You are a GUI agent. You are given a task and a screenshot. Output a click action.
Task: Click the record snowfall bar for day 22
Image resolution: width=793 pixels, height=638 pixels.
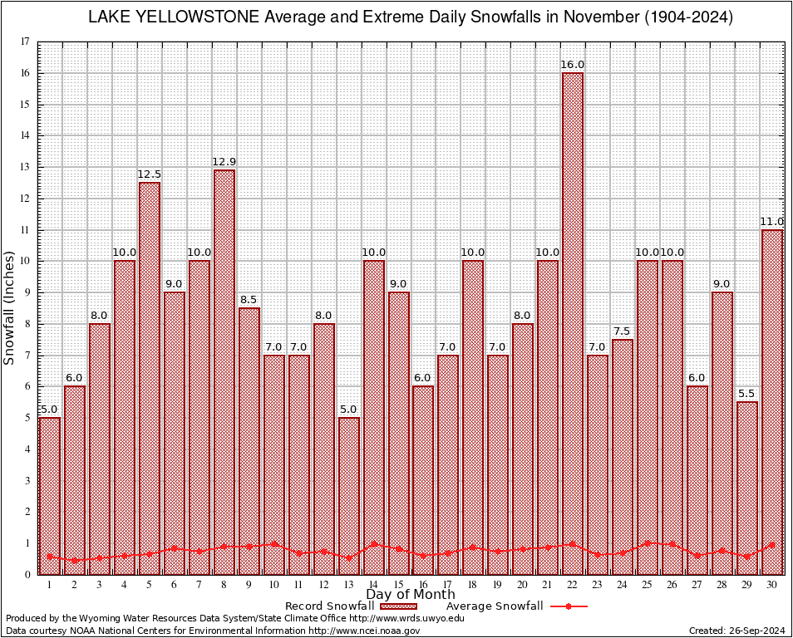coord(573,324)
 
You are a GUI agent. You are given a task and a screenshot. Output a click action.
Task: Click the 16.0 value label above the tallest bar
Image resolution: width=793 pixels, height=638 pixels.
coord(573,65)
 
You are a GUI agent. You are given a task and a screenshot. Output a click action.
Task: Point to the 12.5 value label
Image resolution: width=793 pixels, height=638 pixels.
coord(150,174)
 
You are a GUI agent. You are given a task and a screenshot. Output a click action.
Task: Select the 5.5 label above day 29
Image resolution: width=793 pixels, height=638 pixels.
coord(747,394)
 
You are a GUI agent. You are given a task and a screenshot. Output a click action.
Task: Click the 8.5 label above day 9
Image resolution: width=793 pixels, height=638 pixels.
coord(249,300)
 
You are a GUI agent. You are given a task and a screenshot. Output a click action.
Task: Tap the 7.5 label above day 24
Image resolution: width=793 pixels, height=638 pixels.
coord(623,331)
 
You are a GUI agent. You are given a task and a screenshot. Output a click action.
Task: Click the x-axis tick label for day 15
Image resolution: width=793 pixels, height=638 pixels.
coord(398,585)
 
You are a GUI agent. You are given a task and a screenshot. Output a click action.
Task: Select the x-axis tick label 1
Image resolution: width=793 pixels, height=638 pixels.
coord(50,585)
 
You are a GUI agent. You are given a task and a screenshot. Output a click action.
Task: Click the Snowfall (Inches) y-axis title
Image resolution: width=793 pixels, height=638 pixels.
coord(10,307)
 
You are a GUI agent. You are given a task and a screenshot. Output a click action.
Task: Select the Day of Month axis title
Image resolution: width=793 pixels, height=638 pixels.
coord(410,595)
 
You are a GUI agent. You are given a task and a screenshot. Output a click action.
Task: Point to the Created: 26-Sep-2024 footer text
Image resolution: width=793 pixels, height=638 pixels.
coord(737,631)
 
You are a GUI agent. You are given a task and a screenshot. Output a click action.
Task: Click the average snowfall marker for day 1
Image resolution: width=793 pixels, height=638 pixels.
coord(50,557)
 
